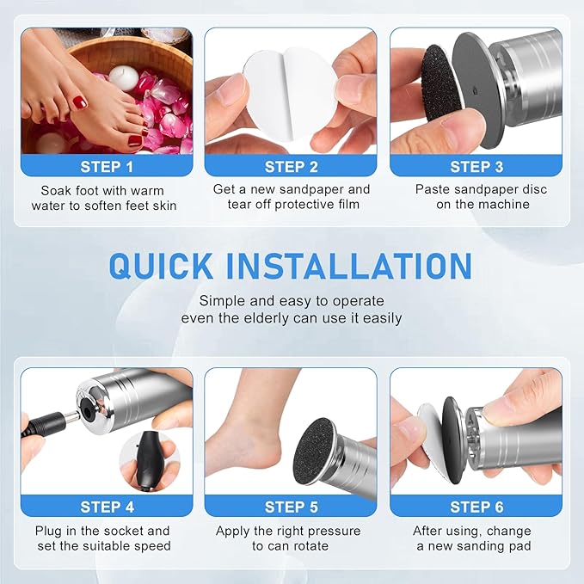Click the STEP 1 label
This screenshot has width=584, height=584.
click(x=107, y=167)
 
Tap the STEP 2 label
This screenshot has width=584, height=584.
click(x=292, y=167)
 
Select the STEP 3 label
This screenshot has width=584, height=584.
click(x=476, y=167)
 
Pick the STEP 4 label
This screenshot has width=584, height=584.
click(x=107, y=507)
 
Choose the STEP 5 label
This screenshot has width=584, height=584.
click(x=292, y=507)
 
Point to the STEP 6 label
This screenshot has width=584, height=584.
click(x=476, y=507)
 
